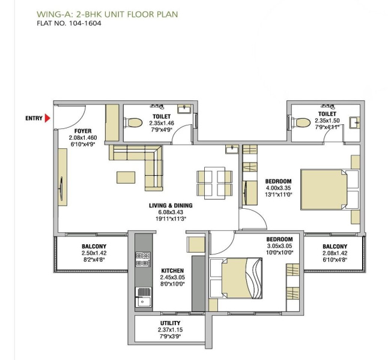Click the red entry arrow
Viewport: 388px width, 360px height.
47,118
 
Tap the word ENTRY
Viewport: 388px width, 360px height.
34,118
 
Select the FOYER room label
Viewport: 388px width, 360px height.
82,130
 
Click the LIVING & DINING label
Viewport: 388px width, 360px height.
171,206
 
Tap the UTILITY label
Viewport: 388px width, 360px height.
170,323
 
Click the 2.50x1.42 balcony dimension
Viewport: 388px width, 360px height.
94,254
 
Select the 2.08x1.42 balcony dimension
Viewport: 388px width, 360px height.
335,254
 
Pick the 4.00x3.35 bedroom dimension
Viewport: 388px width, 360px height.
278,189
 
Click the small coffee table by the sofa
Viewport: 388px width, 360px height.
126,177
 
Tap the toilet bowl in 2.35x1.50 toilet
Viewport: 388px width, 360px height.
302,122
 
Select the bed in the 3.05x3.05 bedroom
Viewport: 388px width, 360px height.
241,278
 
